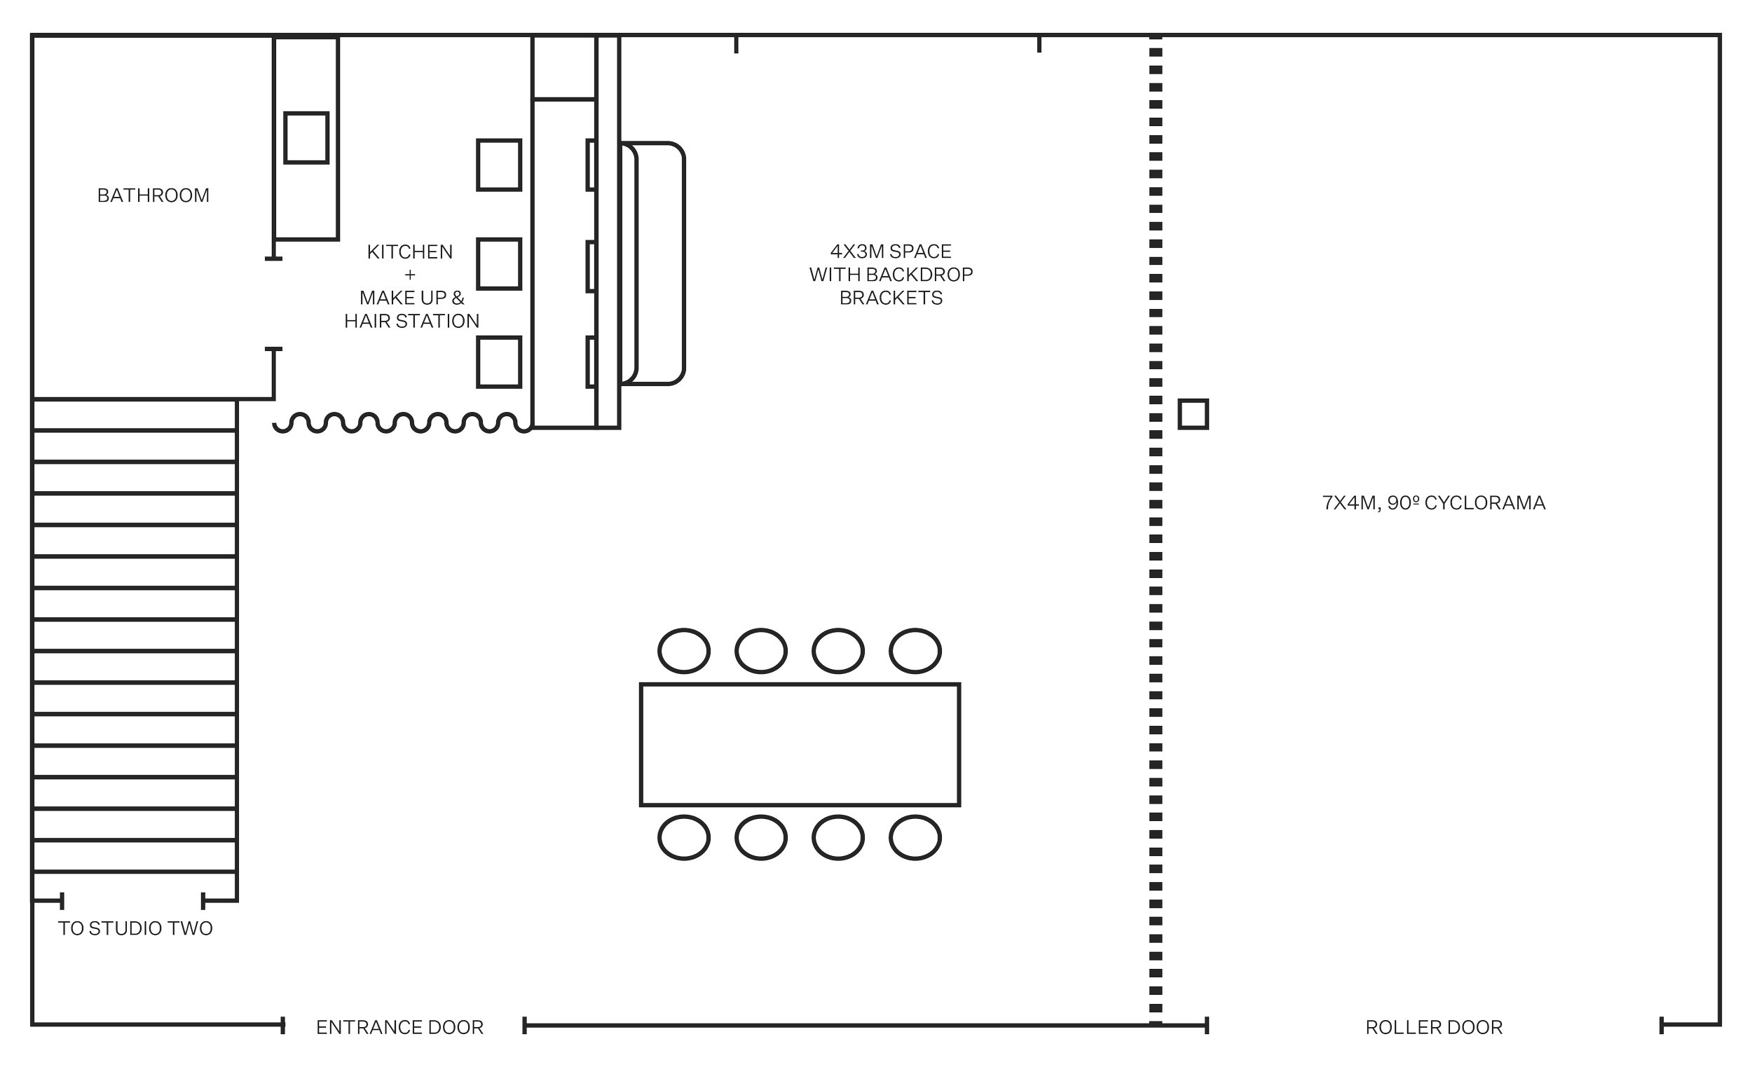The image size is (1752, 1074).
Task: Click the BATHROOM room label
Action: tap(153, 195)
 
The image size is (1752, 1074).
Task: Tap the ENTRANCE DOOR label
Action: tap(399, 1027)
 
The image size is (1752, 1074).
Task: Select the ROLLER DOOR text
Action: tap(1434, 1027)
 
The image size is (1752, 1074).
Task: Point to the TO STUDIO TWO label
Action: tap(135, 928)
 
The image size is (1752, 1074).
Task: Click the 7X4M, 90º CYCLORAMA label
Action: tap(1433, 502)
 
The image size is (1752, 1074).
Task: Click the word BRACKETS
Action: tap(891, 298)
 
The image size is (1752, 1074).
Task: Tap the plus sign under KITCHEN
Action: tap(409, 275)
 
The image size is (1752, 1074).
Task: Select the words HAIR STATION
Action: tap(411, 322)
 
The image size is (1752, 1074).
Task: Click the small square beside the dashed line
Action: tap(1193, 413)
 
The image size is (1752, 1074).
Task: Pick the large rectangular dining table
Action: tap(800, 744)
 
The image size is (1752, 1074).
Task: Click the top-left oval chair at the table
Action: tap(684, 650)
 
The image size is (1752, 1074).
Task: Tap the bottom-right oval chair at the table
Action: tap(915, 837)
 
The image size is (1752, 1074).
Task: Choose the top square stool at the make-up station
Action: tap(499, 165)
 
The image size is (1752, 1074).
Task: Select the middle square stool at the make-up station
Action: tap(499, 263)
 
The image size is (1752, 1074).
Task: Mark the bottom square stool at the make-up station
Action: tap(499, 362)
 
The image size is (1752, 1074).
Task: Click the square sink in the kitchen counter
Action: tap(306, 138)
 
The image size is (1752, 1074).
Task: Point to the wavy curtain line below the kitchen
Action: tap(403, 423)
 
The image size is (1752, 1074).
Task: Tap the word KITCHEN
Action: tap(409, 252)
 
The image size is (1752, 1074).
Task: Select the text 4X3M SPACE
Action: tap(891, 252)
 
